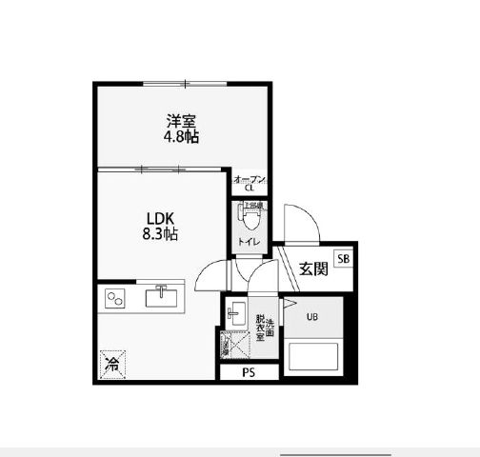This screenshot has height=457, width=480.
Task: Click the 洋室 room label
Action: pyautogui.click(x=182, y=121)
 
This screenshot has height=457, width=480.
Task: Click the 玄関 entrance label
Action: pyautogui.click(x=312, y=268)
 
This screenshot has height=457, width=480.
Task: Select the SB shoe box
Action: pyautogui.click(x=342, y=258)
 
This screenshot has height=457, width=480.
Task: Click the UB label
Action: pyautogui.click(x=312, y=317)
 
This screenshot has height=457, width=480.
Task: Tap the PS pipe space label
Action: pyautogui.click(x=249, y=373)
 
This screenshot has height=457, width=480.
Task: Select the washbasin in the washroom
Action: pyautogui.click(x=236, y=317)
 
